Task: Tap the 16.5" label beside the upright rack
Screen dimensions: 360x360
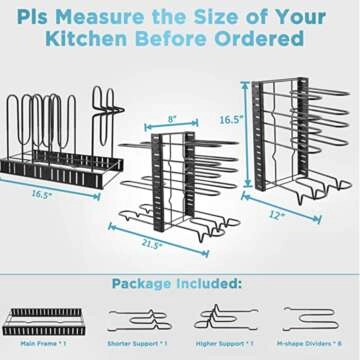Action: tap(231, 119)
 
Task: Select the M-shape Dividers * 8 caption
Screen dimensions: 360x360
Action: tap(313, 343)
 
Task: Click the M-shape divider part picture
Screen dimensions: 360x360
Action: tap(312, 317)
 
